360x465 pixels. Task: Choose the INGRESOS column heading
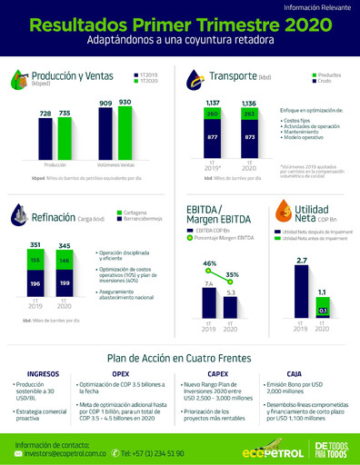[44, 372]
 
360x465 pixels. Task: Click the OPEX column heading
[120, 372]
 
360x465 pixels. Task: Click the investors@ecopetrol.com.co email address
[72, 452]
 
